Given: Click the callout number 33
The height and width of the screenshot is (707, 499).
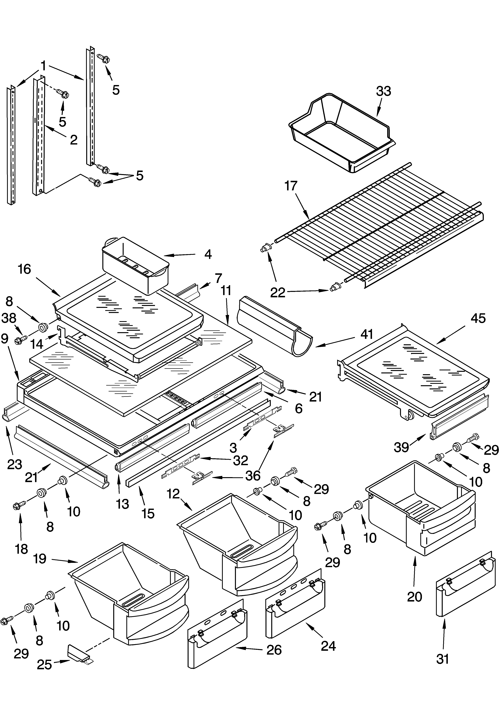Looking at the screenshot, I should tap(384, 91).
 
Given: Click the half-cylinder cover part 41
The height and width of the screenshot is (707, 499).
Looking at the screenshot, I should tap(274, 326).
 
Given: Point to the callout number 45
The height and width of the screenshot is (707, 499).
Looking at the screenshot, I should tap(478, 318).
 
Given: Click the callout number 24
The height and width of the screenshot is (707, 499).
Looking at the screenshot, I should tap(328, 646).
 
